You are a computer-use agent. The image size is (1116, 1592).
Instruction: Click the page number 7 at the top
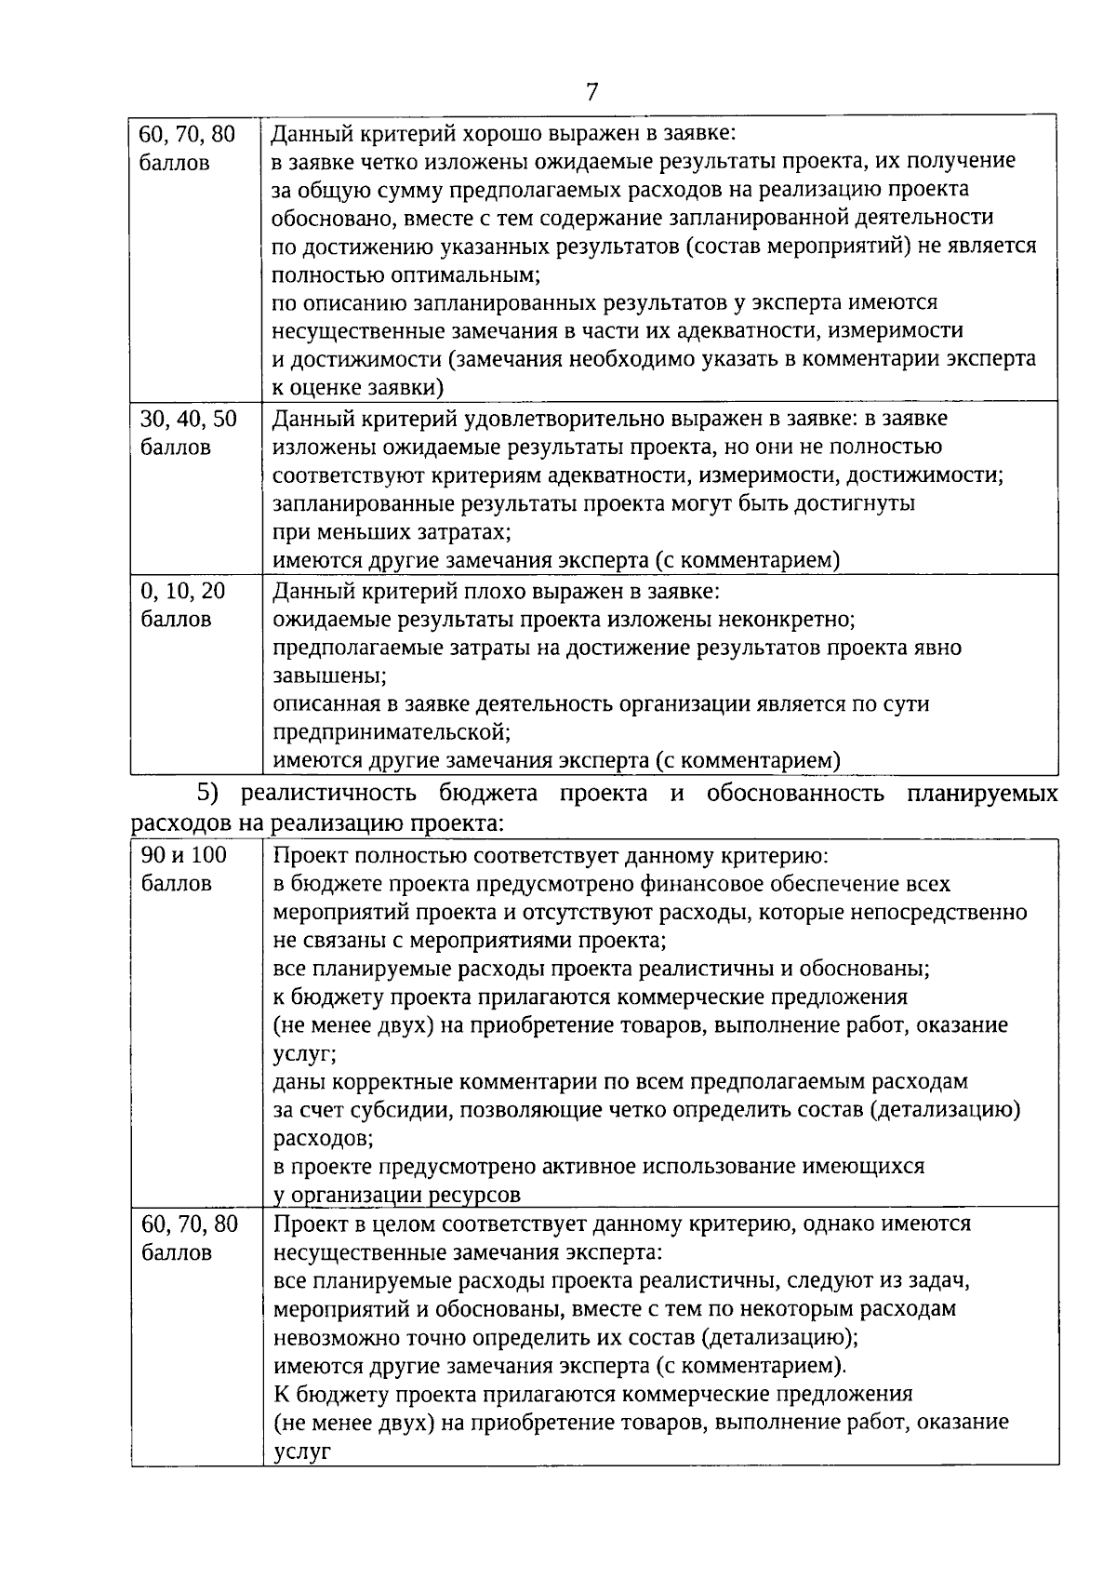pyautogui.click(x=591, y=91)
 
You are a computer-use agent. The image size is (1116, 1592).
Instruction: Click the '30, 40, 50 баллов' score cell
pyautogui.click(x=188, y=433)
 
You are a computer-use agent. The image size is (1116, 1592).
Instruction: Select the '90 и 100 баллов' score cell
pyautogui.click(x=184, y=869)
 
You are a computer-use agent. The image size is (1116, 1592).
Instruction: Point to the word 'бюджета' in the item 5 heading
pyautogui.click(x=493, y=795)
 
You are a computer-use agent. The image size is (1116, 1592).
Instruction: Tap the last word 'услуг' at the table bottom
pyautogui.click(x=302, y=1451)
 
